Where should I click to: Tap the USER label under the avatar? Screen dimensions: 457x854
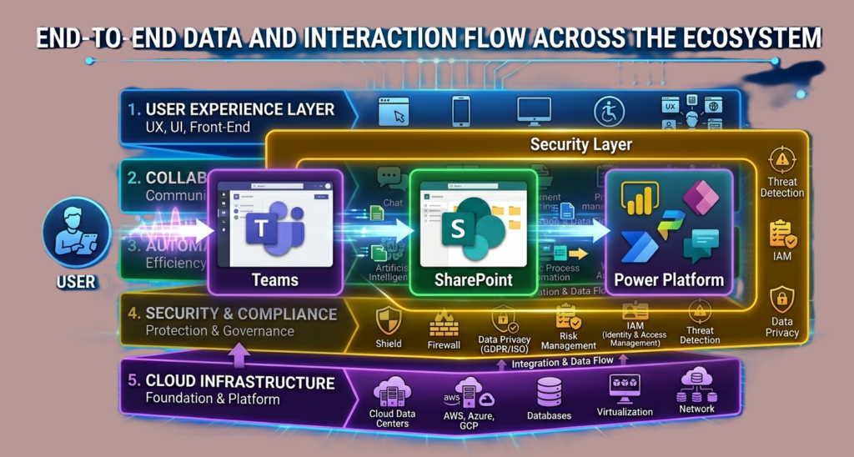pos(76,282)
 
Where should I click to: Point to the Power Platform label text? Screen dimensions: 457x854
pos(669,279)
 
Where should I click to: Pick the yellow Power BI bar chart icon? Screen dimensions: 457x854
pos(641,200)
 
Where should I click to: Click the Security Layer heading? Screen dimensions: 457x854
pos(581,144)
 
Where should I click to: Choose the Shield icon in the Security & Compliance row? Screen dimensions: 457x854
pos(389,320)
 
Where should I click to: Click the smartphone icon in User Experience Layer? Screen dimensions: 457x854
pos(461,112)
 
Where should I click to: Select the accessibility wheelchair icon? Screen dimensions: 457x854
pos(609,112)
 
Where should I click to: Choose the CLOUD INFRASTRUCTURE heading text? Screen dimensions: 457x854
pos(240,382)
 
